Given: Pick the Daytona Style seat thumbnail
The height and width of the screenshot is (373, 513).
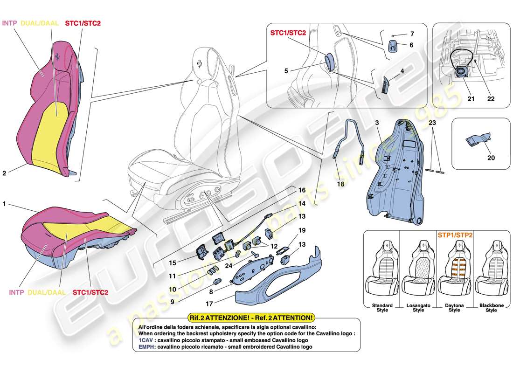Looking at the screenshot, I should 454,270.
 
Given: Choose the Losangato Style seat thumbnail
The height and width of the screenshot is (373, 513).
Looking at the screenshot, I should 418,270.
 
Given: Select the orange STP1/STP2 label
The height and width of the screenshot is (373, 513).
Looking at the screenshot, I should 454,235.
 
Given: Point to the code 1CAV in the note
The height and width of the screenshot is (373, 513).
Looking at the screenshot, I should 145,341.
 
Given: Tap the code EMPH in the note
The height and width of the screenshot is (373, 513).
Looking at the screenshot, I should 146,347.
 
